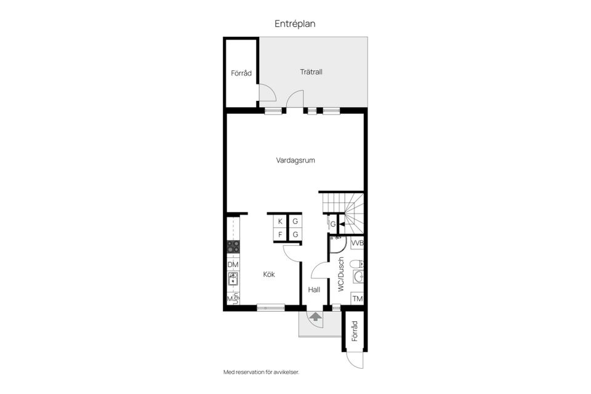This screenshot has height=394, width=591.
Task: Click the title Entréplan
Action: (295, 23)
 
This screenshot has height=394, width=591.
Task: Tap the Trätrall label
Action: (311, 72)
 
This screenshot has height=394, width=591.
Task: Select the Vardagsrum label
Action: (295, 161)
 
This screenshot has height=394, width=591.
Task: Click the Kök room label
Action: (269, 275)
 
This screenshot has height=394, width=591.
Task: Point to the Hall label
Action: (315, 289)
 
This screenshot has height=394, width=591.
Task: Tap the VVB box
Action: (357, 243)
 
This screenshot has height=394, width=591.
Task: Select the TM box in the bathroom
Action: (357, 299)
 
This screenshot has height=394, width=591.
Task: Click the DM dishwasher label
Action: (233, 265)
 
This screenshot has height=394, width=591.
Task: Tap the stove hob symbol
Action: (233, 247)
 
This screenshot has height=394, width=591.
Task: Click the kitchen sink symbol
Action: (233, 281)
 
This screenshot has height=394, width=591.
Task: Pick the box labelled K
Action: (280, 222)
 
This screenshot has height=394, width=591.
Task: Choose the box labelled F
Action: (280, 235)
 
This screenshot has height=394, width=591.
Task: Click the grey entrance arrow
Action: (315, 317)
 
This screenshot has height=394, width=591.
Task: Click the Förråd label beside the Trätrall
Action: (241, 73)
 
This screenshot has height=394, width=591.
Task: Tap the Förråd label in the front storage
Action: (355, 332)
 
